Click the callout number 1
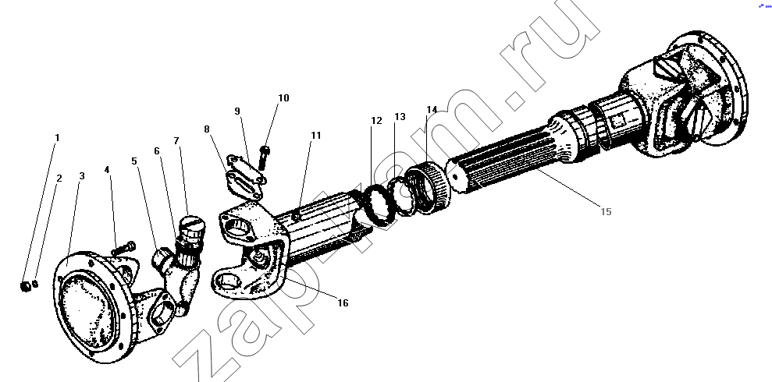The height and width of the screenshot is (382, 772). pyautogui.click(x=57, y=138)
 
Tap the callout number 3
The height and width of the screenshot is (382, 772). pyautogui.click(x=82, y=176)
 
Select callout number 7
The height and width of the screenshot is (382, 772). pyautogui.click(x=176, y=141)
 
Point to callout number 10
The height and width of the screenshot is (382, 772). pyautogui.click(x=283, y=97)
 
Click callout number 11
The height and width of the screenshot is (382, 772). pyautogui.click(x=315, y=135)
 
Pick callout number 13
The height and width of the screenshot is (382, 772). pyautogui.click(x=400, y=117)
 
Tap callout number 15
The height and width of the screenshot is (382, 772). pyautogui.click(x=606, y=211)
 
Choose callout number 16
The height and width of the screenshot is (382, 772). pyautogui.click(x=343, y=302)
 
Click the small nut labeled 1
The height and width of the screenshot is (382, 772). pyautogui.click(x=25, y=285)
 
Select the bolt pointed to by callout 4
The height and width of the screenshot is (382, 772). pyautogui.click(x=123, y=248)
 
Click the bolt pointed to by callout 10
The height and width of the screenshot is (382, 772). pyautogui.click(x=263, y=157)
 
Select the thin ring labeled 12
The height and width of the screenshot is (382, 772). pyautogui.click(x=378, y=206)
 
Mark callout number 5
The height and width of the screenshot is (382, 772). pyautogui.click(x=134, y=161)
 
